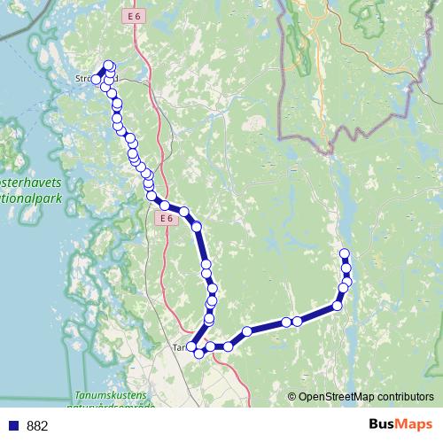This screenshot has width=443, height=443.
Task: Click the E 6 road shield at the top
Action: pyautogui.click(x=134, y=17)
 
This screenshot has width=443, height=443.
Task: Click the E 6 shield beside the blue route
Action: pyautogui.click(x=165, y=218)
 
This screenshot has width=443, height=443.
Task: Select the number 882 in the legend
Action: pyautogui.click(x=38, y=426)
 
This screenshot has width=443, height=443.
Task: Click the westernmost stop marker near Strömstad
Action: pyautogui.click(x=97, y=80)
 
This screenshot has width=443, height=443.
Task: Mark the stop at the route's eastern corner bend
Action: pyautogui.click(x=338, y=307)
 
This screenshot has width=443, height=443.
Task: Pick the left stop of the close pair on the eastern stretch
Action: pyautogui.click(x=286, y=322)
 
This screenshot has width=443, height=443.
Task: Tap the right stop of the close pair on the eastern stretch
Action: pyautogui.click(x=298, y=321)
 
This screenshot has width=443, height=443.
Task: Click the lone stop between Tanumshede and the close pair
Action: pyautogui.click(x=247, y=331)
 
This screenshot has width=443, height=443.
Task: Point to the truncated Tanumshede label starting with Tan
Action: pyautogui.click(x=180, y=348)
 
